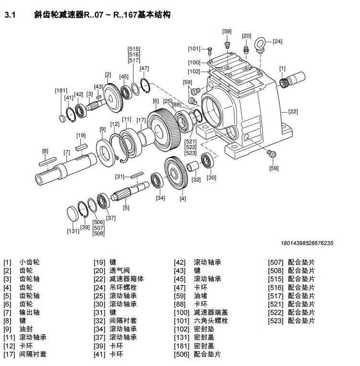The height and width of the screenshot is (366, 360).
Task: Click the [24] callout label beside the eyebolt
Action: click(x=277, y=42)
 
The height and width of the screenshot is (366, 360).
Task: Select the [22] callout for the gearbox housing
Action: click(x=293, y=112)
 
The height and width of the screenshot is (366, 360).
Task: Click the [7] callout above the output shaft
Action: click(x=67, y=153)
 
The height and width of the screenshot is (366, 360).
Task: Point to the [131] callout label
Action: click(x=73, y=231)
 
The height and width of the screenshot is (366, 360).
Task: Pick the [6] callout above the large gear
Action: click(x=156, y=101)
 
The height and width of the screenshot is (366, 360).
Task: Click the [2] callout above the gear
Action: click(x=108, y=74)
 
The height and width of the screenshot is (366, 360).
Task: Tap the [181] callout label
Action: click(x=61, y=90)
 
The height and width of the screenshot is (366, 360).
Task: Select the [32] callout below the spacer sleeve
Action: click(x=196, y=180)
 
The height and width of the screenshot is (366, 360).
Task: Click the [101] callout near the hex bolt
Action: click(x=194, y=48)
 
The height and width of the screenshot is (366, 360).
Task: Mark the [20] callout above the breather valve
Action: click(x=246, y=36)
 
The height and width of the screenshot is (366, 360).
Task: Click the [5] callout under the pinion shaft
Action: click(x=126, y=208)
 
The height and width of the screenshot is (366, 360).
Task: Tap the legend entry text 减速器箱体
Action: click(x=127, y=279)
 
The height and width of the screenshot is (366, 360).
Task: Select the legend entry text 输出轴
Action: click(x=29, y=312)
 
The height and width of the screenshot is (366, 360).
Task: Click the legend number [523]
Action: click(x=276, y=320)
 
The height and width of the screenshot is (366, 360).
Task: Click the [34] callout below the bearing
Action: click(x=160, y=198)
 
